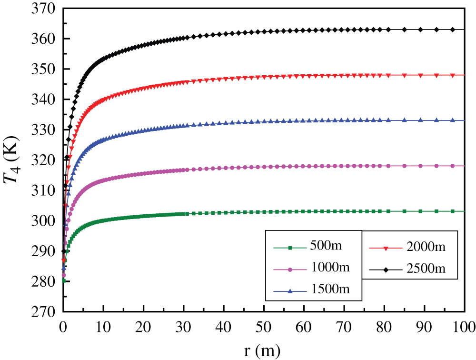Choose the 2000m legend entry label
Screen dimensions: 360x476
tap(426, 247)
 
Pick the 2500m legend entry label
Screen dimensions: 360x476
tap(426, 269)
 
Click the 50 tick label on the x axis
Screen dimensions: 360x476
tap(263, 327)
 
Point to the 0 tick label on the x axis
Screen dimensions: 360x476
tap(63, 327)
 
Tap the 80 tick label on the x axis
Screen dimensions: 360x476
tap(384, 327)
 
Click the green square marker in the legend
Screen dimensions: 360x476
tap(290, 247)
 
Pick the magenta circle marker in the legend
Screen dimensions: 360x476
tap(290, 269)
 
